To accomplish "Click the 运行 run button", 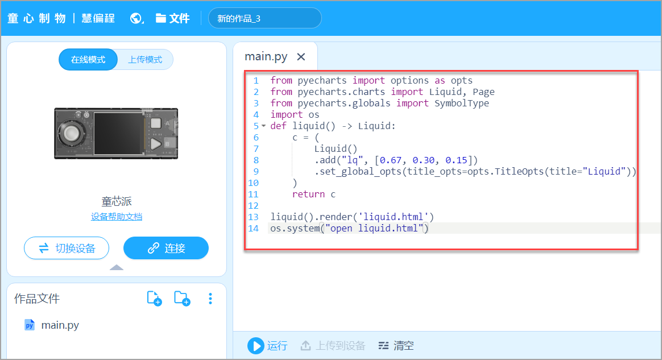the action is (267, 345).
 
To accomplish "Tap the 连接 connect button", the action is (166, 248).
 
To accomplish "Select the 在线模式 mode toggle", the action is (88, 60).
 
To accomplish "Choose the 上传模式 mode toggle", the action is (145, 60).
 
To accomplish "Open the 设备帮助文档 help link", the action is (117, 217).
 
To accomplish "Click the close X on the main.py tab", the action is (301, 57).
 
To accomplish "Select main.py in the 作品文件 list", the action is (60, 325).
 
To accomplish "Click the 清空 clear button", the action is (396, 345).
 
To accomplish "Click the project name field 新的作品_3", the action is (264, 18).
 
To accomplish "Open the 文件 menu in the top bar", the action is (173, 18).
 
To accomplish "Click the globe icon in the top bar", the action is (136, 18).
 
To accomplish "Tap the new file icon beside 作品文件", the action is (154, 298).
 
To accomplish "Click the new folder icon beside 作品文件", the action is (181, 298).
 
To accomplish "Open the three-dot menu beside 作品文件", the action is (210, 298).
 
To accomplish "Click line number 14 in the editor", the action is (254, 229).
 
